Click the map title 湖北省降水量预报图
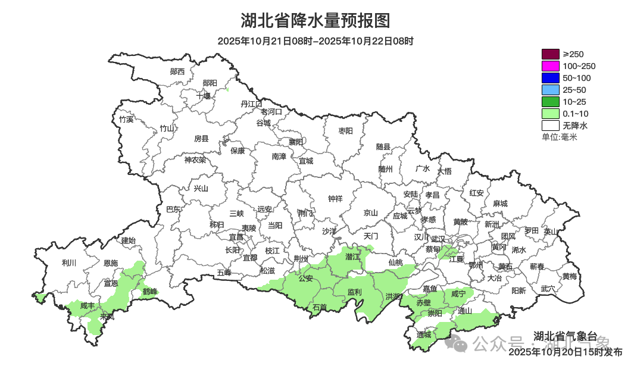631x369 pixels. pos(315,21)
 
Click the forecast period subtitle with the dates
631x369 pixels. pos(315,42)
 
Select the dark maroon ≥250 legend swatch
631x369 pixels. pos(551,54)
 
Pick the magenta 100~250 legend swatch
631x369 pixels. pos(551,66)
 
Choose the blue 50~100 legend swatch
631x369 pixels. pos(551,78)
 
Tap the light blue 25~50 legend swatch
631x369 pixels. pos(551,90)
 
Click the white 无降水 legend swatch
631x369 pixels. pos(551,126)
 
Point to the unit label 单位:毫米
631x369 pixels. pos(559,137)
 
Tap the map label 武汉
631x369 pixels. pos(438,237)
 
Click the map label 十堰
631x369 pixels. pos(204,95)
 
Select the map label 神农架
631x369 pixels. pos(195,160)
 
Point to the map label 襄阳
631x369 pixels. pos(296,142)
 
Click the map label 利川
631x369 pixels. pos(69,262)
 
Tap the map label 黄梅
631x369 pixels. pos(569,276)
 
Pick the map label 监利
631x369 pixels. pos(354,292)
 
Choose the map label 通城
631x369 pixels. pos(424,334)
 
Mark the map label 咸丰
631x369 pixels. pos(88,305)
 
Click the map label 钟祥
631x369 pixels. pos(336,199)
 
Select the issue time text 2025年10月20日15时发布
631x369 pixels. pos(565,352)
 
